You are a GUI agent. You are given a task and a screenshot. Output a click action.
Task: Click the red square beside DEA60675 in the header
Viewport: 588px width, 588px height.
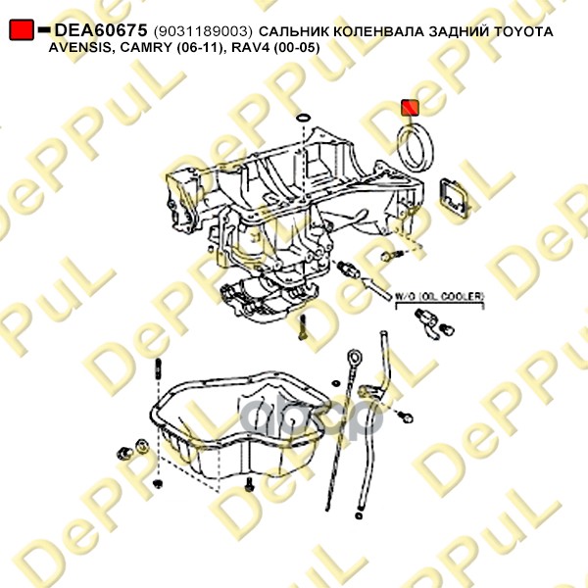pyautogui.click(x=21, y=31)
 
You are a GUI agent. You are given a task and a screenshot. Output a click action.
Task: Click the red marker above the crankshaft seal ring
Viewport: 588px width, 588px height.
pyautogui.click(x=411, y=107)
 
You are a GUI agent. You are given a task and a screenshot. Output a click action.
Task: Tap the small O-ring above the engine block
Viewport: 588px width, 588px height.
pyautogui.click(x=303, y=121)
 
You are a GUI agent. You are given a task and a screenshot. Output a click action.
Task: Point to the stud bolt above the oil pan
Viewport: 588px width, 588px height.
pyautogui.click(x=158, y=373)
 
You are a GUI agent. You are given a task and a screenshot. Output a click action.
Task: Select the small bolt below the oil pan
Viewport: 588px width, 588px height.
pyautogui.click(x=250, y=483)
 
